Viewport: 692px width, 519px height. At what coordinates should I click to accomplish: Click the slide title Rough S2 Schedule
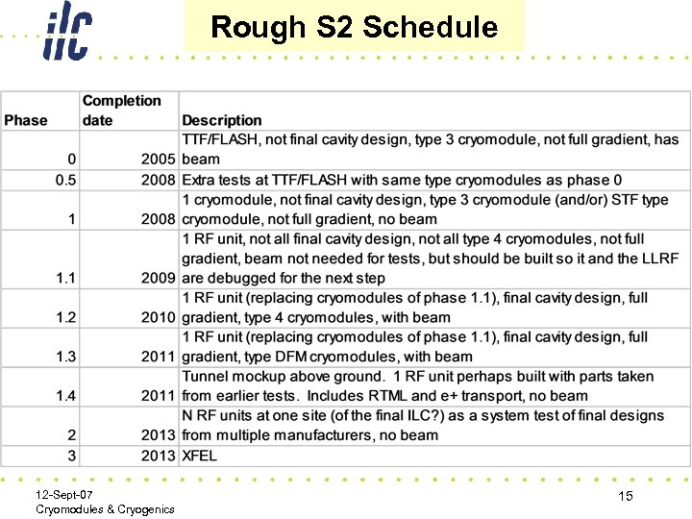[354, 27]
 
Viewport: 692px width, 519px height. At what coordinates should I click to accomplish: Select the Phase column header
[26, 120]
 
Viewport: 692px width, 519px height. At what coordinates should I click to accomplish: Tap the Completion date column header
[121, 111]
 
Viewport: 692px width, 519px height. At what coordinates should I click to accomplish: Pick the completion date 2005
[158, 160]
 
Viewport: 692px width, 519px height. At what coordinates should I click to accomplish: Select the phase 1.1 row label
[65, 278]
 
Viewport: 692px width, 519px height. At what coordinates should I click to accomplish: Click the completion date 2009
[158, 278]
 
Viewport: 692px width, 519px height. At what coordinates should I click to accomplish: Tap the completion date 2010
[158, 317]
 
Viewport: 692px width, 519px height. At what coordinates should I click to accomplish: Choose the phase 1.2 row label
[65, 317]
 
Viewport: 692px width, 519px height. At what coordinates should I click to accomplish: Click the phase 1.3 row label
[65, 357]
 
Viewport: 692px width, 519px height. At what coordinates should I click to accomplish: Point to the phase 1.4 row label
[65, 395]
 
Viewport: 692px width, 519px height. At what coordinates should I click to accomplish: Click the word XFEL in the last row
[200, 455]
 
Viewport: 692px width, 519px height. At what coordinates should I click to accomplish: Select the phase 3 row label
[71, 455]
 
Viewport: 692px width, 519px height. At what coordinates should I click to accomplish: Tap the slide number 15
[625, 496]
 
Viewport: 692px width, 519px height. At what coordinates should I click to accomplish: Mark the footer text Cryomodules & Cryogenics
[105, 508]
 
